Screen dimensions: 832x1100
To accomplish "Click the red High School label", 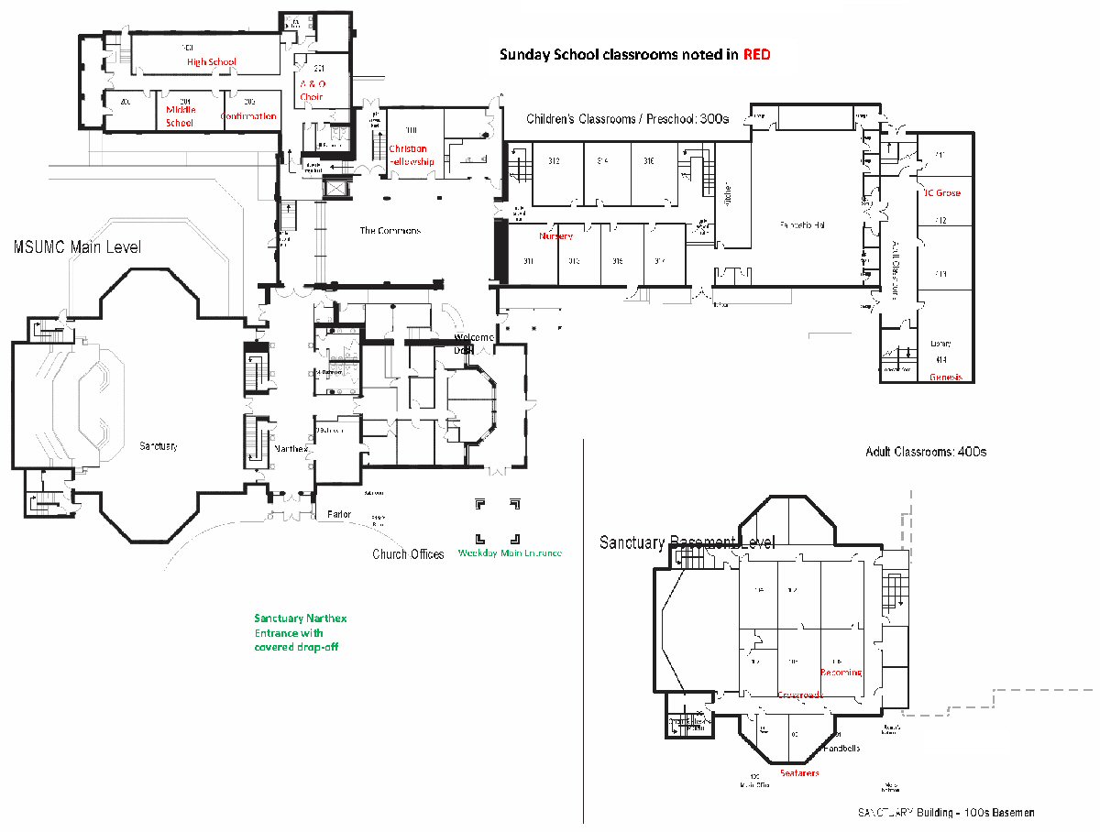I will tap(212, 62).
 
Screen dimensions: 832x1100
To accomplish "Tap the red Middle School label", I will tap(181, 115).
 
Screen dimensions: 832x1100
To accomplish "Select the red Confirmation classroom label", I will tap(248, 116).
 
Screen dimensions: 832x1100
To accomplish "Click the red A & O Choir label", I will tap(312, 90).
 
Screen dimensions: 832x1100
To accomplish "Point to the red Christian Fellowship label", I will tap(411, 155).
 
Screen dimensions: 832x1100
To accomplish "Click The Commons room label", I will tap(390, 231).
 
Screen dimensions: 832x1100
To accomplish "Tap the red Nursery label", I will tap(555, 236).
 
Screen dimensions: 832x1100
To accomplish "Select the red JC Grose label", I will tap(941, 193).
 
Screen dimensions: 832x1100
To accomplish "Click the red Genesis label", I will tap(945, 378).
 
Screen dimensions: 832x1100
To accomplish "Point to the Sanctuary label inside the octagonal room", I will tap(159, 446).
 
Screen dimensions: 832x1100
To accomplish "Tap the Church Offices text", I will tap(408, 554).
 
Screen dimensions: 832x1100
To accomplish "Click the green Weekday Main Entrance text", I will tap(509, 553).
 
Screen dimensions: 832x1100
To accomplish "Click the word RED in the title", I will tap(756, 55).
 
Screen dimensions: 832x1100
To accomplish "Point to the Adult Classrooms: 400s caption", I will tap(926, 452).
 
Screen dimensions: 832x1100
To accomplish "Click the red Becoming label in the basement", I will tap(841, 673).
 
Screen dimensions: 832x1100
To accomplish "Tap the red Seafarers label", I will tap(799, 772).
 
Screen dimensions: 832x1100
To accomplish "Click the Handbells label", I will tap(841, 748).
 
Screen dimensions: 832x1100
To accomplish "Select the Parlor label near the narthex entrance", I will tap(339, 514).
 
